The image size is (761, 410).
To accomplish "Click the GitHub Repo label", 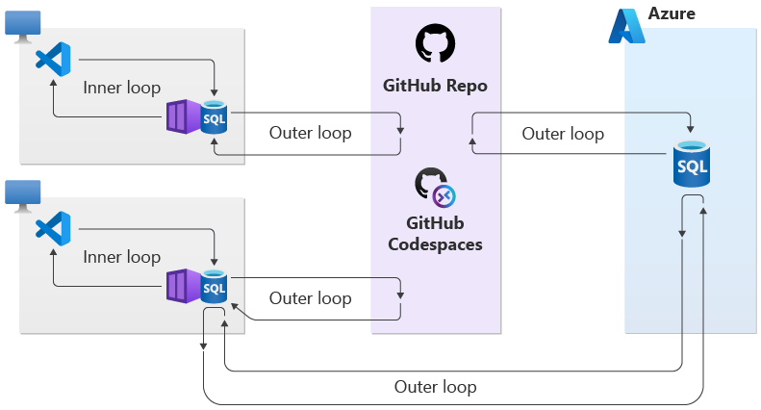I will [435, 86].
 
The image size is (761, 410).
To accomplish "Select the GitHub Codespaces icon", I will [434, 188].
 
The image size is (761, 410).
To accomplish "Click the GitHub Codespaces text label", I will [435, 233].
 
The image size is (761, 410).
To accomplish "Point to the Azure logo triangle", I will [630, 27].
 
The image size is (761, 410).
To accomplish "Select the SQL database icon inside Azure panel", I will [692, 165].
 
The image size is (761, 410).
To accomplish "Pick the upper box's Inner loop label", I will [121, 88].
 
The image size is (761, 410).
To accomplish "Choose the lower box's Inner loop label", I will [121, 257].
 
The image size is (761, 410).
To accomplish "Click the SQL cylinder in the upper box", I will [214, 117].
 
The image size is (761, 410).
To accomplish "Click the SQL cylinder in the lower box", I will [214, 287].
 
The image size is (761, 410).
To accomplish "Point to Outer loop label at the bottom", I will [435, 387].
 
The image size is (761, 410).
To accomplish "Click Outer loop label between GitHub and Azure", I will [563, 134].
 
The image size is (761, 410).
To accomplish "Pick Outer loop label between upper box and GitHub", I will [310, 133].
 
